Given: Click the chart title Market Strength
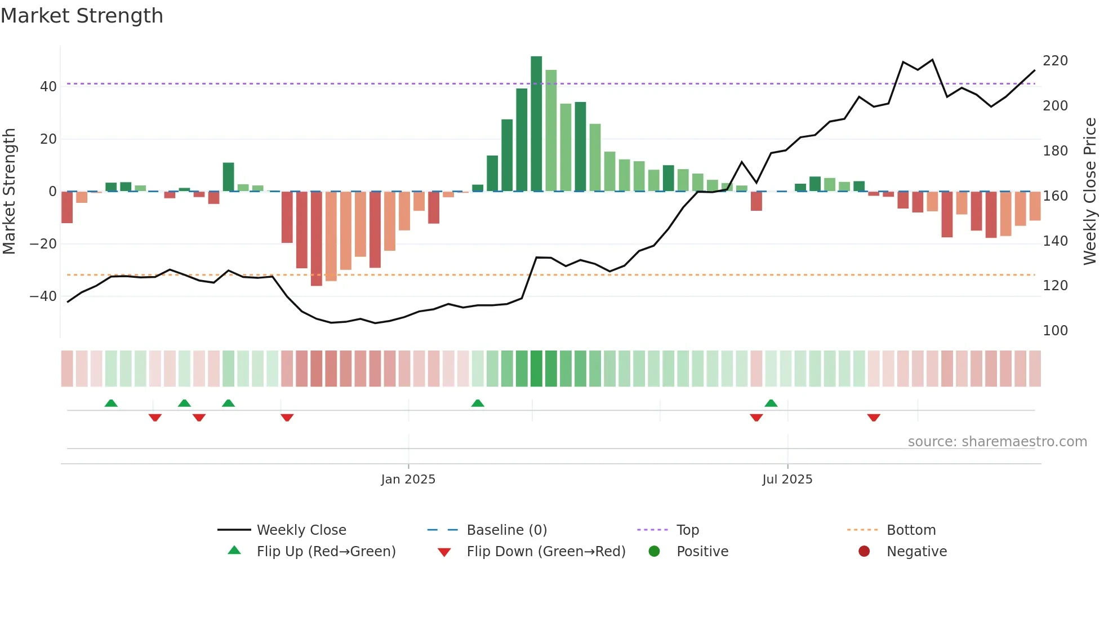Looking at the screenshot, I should (x=82, y=16).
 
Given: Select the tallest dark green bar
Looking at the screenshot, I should (x=536, y=124).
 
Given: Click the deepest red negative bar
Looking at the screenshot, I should (x=317, y=238).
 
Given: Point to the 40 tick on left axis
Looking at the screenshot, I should (x=48, y=87).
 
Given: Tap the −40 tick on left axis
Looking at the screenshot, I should (x=43, y=296).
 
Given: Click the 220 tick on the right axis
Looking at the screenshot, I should (x=1055, y=61).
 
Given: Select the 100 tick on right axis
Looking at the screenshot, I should (x=1055, y=331).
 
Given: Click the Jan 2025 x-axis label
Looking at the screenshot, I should (x=408, y=480).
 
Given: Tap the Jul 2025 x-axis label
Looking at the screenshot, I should (x=787, y=480).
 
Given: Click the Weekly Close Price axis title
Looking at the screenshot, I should (x=1090, y=192).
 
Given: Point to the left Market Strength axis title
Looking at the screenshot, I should (x=9, y=192).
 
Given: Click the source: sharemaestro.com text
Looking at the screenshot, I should (x=997, y=442).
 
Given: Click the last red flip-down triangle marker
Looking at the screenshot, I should (x=874, y=418).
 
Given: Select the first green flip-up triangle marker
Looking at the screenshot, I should (x=111, y=403).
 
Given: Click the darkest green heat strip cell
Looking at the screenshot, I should (x=536, y=369).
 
